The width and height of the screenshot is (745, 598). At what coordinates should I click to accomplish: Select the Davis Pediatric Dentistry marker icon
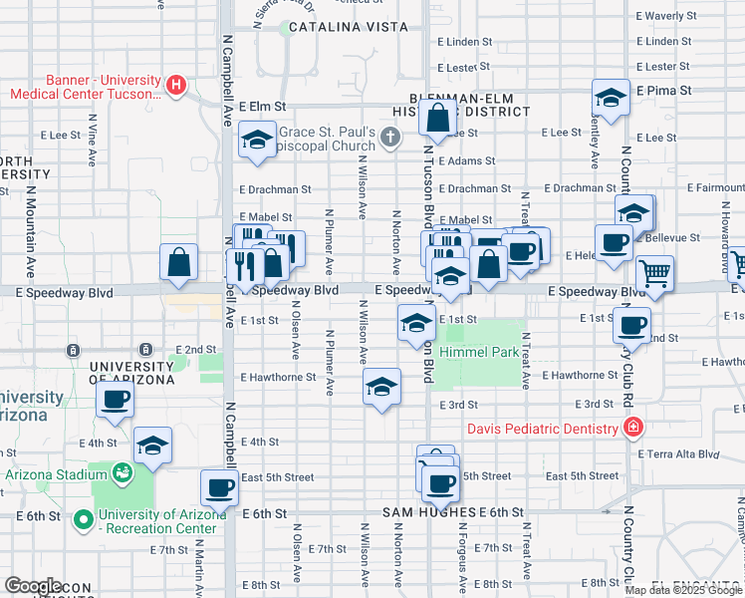point(630,429)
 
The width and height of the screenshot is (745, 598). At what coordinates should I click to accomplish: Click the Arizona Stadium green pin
point(123,471)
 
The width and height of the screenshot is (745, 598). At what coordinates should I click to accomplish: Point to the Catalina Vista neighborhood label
point(330,28)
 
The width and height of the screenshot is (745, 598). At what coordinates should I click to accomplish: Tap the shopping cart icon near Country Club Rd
point(654,272)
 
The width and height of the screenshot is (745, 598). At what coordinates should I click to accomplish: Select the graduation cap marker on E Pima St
point(611,98)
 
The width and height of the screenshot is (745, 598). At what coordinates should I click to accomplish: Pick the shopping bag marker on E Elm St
point(439,120)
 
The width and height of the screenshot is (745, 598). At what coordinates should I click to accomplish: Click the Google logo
point(33,585)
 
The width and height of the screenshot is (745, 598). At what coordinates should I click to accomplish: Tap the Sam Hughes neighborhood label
point(428,512)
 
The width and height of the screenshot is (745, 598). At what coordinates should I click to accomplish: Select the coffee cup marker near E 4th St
point(115,400)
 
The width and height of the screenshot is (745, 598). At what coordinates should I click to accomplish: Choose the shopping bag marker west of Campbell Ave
point(177,263)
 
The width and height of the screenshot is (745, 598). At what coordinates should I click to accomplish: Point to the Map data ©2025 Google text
point(682,590)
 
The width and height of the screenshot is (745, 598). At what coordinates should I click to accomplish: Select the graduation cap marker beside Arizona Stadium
point(152,446)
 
